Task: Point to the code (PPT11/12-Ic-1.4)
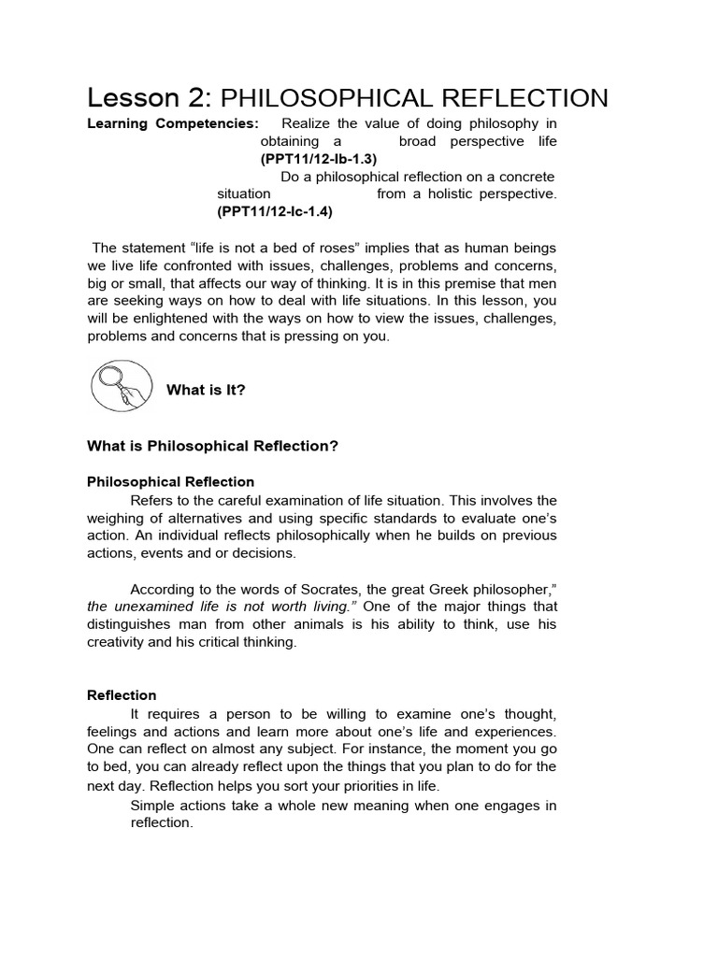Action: click(275, 211)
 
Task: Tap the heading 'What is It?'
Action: click(206, 390)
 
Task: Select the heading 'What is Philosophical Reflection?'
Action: click(212, 446)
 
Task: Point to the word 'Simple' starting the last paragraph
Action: click(151, 806)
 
